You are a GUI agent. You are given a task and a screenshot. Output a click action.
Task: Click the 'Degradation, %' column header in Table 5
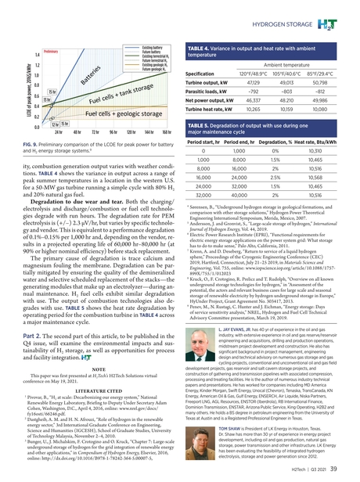click(285, 139)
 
